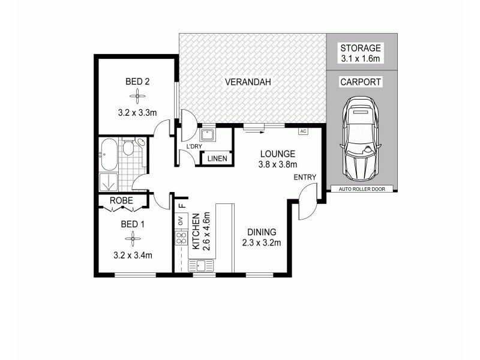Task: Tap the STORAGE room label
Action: click(x=361, y=48)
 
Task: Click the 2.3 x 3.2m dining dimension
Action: click(x=261, y=243)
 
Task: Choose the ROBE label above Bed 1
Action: click(x=122, y=201)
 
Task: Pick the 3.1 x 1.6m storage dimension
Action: click(x=361, y=59)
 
